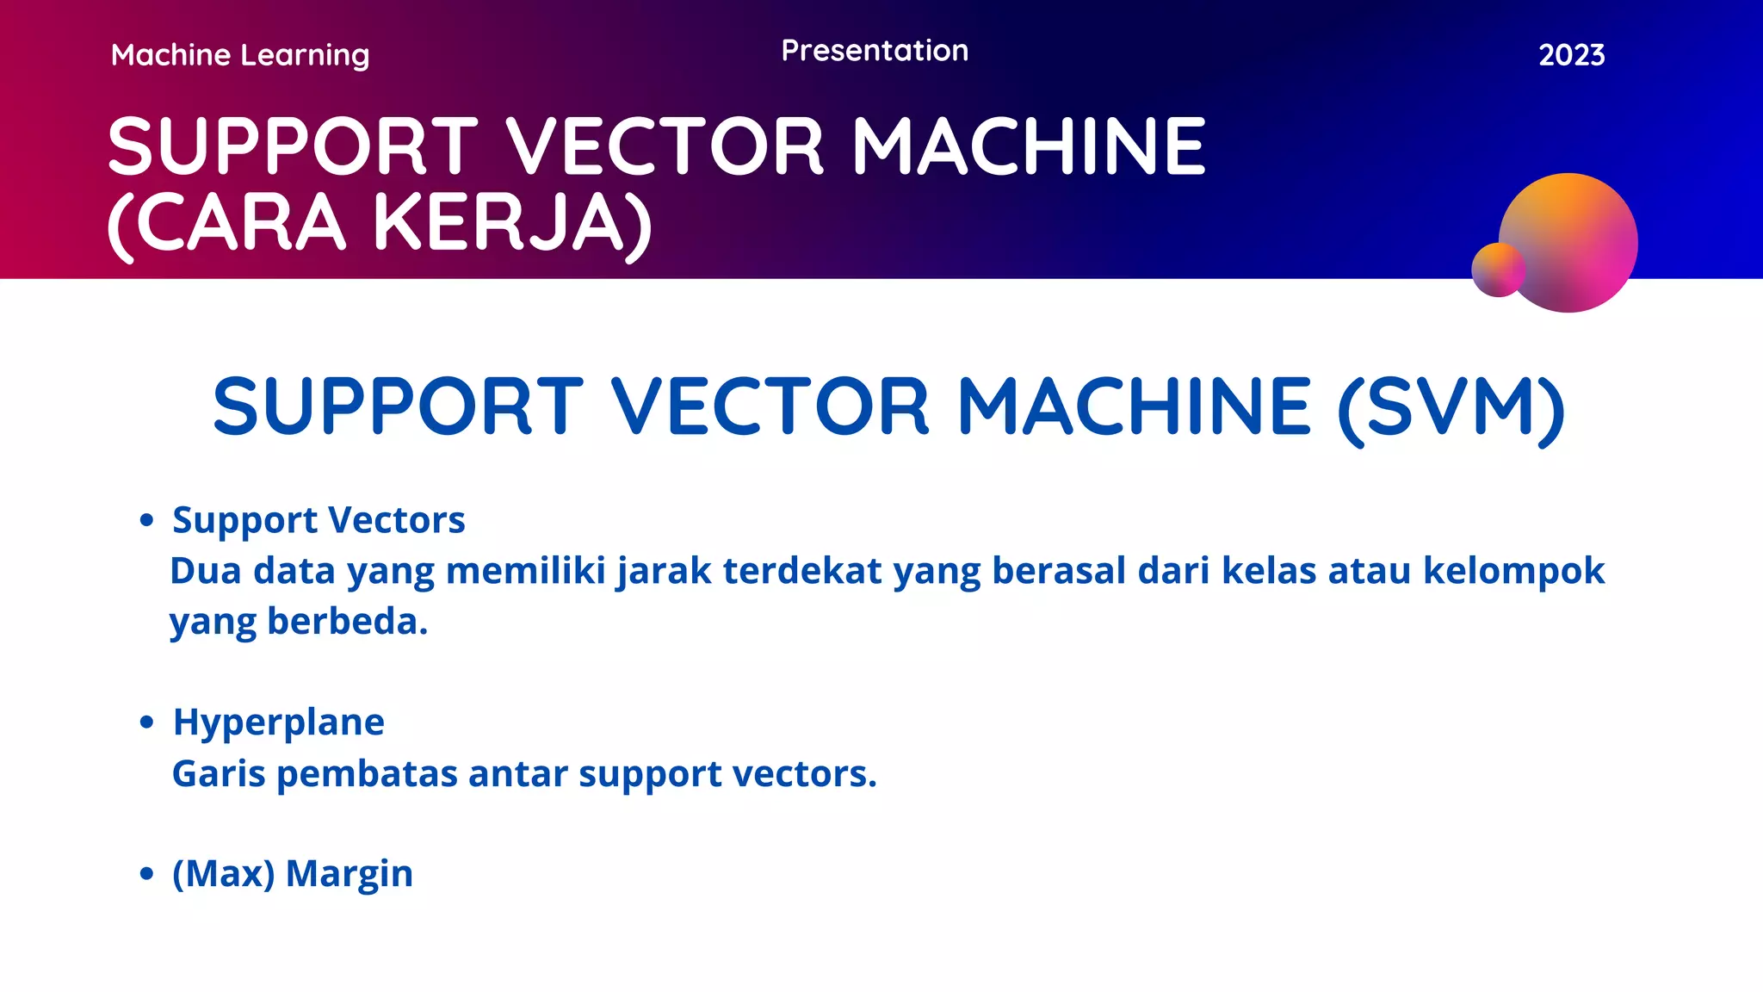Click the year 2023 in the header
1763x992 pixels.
point(1571,55)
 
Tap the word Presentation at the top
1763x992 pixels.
point(875,51)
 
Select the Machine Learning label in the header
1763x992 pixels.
point(240,56)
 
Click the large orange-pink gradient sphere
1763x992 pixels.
point(1575,237)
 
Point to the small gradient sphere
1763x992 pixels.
point(1498,270)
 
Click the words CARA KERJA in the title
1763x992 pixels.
point(380,223)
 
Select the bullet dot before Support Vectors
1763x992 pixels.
point(146,520)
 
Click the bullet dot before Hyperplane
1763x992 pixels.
point(146,722)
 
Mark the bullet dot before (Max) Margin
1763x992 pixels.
point(146,873)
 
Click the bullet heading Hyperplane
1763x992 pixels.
point(278,722)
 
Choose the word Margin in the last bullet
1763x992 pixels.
point(349,873)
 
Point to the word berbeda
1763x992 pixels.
point(347,621)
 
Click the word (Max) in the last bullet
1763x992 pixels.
point(223,873)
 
